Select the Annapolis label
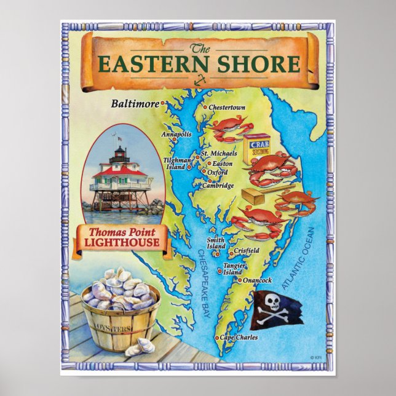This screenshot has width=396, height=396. pyautogui.click(x=176, y=134)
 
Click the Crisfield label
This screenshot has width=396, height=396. pyautogui.click(x=247, y=250)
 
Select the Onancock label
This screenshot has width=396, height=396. pyautogui.click(x=258, y=280)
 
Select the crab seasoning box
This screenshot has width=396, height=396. pyautogui.click(x=259, y=150)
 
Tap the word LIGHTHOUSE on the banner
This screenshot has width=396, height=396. pyautogui.click(x=121, y=243)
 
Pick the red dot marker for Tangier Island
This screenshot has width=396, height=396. pyautogui.click(x=220, y=270)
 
